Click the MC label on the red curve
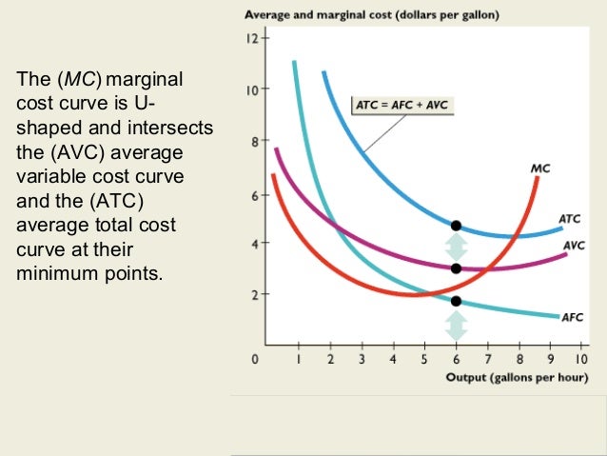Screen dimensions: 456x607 click(x=539, y=169)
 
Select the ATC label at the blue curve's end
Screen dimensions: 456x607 click(x=569, y=218)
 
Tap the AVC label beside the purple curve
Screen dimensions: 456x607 click(x=574, y=245)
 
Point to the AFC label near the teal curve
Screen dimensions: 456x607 click(x=573, y=317)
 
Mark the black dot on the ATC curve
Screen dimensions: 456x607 click(x=456, y=226)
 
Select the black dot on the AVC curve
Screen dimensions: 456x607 click(x=456, y=268)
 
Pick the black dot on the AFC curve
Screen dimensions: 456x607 click(x=456, y=301)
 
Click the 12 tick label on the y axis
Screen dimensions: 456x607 click(x=250, y=39)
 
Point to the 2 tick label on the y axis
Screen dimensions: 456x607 click(x=253, y=295)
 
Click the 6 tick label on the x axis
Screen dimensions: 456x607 click(x=456, y=360)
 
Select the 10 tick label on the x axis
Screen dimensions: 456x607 click(x=580, y=360)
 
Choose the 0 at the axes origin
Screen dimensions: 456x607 click(x=254, y=360)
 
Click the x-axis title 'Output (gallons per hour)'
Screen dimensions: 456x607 click(x=517, y=378)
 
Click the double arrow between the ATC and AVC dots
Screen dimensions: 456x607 click(x=456, y=248)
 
